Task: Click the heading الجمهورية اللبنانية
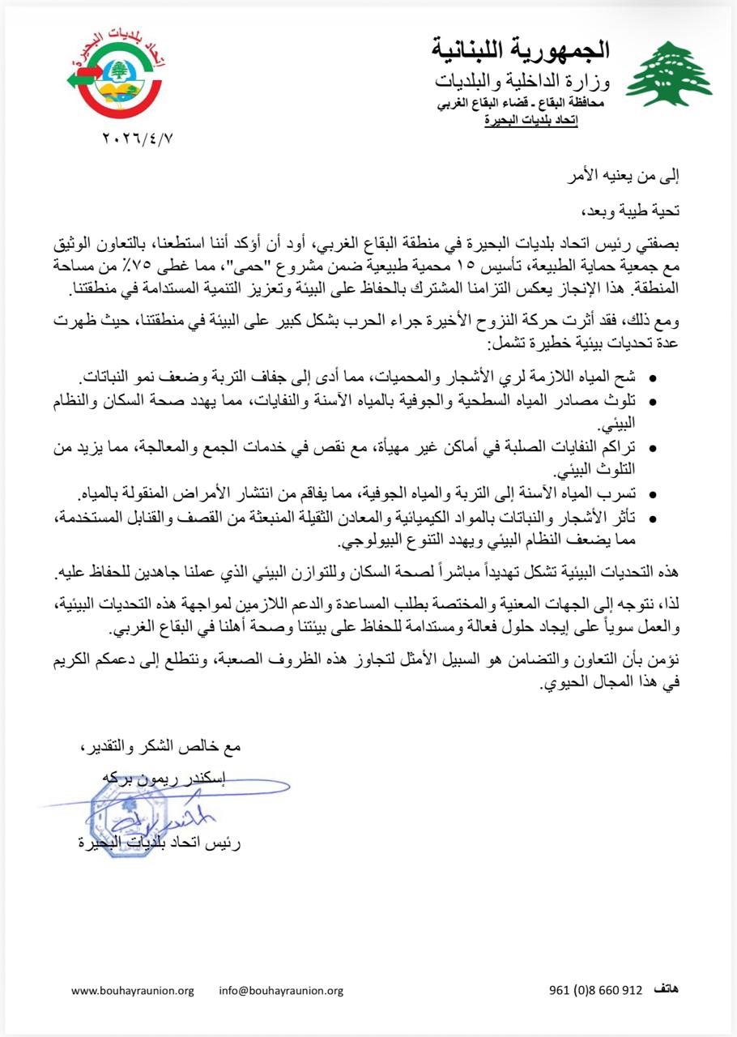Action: (521, 50)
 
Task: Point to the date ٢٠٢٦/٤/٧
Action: (138, 138)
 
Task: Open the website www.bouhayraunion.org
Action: (133, 990)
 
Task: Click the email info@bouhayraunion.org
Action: (281, 990)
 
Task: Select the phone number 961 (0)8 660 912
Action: (595, 990)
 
